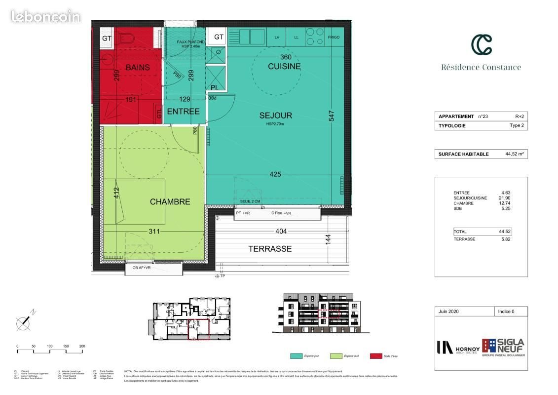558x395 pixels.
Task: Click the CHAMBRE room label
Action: [x=170, y=201]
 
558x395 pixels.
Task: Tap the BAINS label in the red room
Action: [x=137, y=68]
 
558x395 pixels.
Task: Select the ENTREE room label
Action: [x=183, y=112]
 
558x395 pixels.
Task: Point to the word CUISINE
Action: [x=284, y=66]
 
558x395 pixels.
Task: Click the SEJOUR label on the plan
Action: [x=276, y=116]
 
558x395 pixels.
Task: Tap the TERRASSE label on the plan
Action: [x=269, y=249]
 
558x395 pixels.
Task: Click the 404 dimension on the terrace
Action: [x=281, y=231]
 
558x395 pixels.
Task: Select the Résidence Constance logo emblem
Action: [x=481, y=45]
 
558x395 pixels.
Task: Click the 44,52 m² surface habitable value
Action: [x=514, y=154]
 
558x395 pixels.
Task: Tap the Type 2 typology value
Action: [x=516, y=126]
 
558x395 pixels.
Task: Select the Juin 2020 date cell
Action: [x=449, y=312]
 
